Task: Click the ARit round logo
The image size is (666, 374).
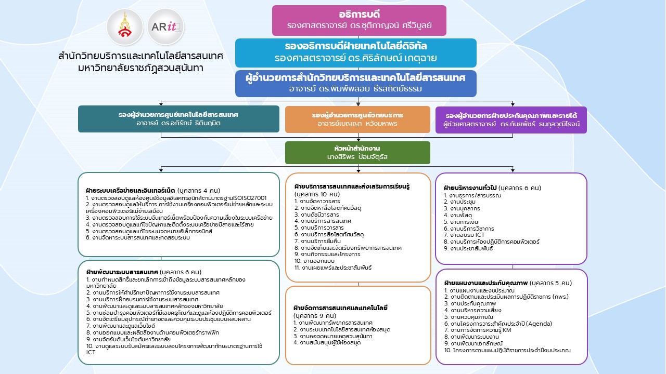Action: (x=166, y=28)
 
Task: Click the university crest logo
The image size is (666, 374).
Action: (x=125, y=28)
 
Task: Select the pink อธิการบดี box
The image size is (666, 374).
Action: (x=359, y=20)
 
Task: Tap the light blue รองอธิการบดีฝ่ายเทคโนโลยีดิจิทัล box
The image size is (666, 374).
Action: (x=355, y=52)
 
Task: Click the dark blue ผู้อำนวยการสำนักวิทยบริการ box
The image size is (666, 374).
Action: (x=355, y=83)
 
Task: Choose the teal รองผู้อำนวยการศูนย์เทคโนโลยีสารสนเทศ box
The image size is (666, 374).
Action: (x=178, y=119)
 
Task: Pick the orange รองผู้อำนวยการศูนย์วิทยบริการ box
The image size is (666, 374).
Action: (x=357, y=119)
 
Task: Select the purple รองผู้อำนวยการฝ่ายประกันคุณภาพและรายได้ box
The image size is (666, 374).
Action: (x=511, y=119)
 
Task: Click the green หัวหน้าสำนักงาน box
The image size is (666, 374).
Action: (x=357, y=153)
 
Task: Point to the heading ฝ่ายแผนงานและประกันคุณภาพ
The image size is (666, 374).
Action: (x=485, y=283)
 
